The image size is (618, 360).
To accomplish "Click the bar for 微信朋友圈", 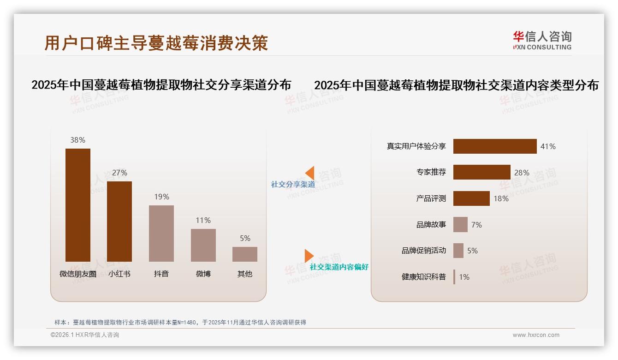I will pos(77,205).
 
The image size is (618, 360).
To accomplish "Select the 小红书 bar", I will pos(119,222).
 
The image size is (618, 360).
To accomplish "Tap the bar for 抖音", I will pos(161,234).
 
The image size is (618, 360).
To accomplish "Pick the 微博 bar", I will pos(203,245).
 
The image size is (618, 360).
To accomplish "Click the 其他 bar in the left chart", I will pos(245,254).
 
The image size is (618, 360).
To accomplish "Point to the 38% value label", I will pos(77,140).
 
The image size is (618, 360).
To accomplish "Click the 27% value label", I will pos(119,173).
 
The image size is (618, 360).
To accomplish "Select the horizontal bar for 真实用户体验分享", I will pos(495,146).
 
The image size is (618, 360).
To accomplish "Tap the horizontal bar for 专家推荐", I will pos(481,172).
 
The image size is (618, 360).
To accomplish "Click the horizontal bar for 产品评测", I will pos(471,198).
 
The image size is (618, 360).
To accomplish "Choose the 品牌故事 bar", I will pos(460,225).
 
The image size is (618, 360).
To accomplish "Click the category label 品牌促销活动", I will pos(424,251).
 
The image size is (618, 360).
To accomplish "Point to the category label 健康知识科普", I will pos(424,277).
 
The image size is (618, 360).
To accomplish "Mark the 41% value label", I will pos(548,146).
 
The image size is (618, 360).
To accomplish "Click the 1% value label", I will pos(464,277).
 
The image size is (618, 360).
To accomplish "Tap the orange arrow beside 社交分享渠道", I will pos(310,173).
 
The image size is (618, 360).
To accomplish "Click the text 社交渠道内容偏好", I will pos(339,267).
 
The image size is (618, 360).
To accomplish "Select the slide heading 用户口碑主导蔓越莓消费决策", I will pos(156,43).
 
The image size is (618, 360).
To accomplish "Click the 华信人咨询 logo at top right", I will pos(542,40).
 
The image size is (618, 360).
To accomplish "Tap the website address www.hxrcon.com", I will pos(536,335).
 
